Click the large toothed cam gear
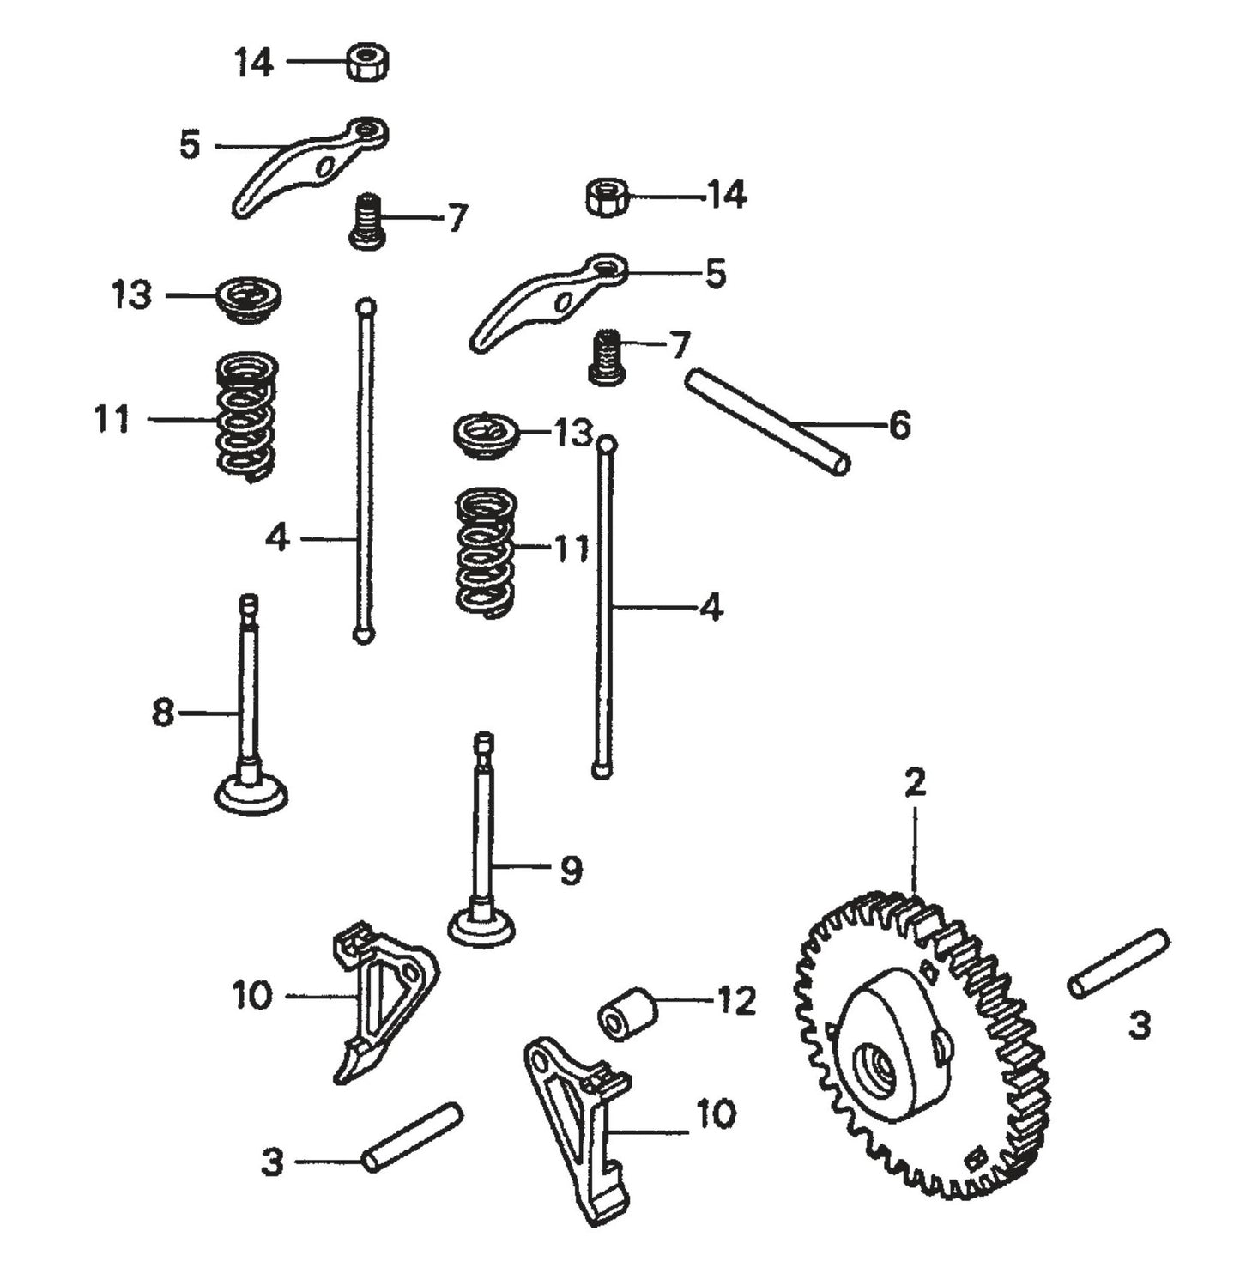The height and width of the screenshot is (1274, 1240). pyautogui.click(x=922, y=1043)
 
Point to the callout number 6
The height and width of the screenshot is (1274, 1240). pyautogui.click(x=898, y=426)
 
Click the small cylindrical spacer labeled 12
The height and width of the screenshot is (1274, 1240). pyautogui.click(x=626, y=1014)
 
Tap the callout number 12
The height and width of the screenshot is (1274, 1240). pyautogui.click(x=736, y=1001)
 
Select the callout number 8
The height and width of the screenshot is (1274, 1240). pyautogui.click(x=162, y=713)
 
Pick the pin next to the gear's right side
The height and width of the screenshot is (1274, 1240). pyautogui.click(x=1118, y=963)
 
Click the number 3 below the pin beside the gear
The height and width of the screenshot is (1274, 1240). pyautogui.click(x=1138, y=1025)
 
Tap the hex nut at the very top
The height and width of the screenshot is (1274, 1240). pyautogui.click(x=368, y=63)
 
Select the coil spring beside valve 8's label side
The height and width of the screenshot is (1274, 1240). pyautogui.click(x=246, y=415)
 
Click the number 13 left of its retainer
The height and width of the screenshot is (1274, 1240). pyautogui.click(x=131, y=295)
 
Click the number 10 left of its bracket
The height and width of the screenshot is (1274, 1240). pyautogui.click(x=251, y=996)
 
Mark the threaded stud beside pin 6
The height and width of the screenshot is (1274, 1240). pyautogui.click(x=607, y=356)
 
